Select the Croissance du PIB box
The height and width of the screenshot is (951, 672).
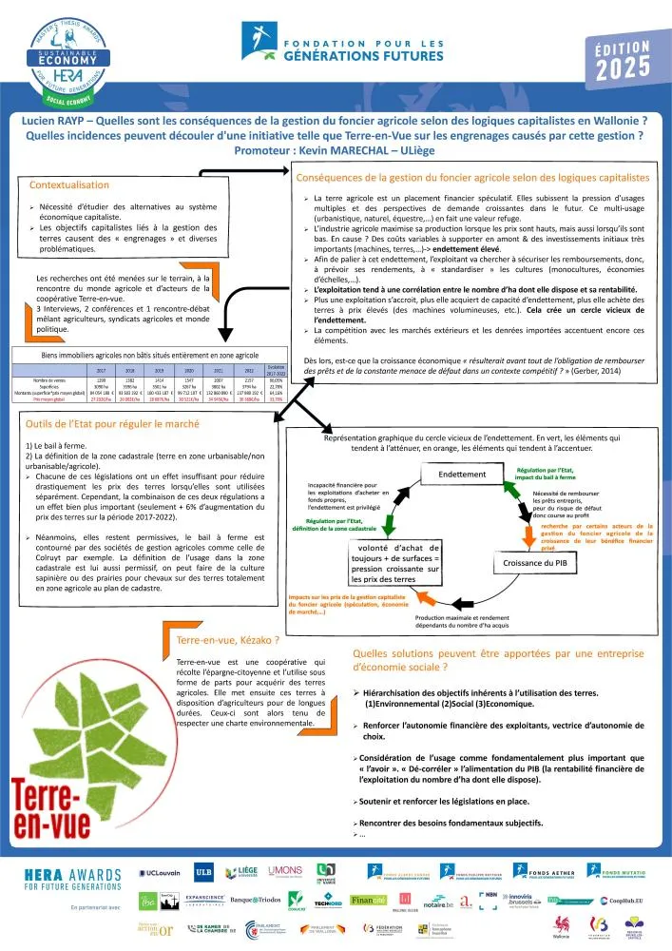click(x=533, y=564)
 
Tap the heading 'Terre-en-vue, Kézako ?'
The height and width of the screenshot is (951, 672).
click(x=214, y=641)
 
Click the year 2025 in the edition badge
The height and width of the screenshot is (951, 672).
click(x=624, y=68)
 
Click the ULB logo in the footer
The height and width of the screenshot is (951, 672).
click(x=202, y=872)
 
